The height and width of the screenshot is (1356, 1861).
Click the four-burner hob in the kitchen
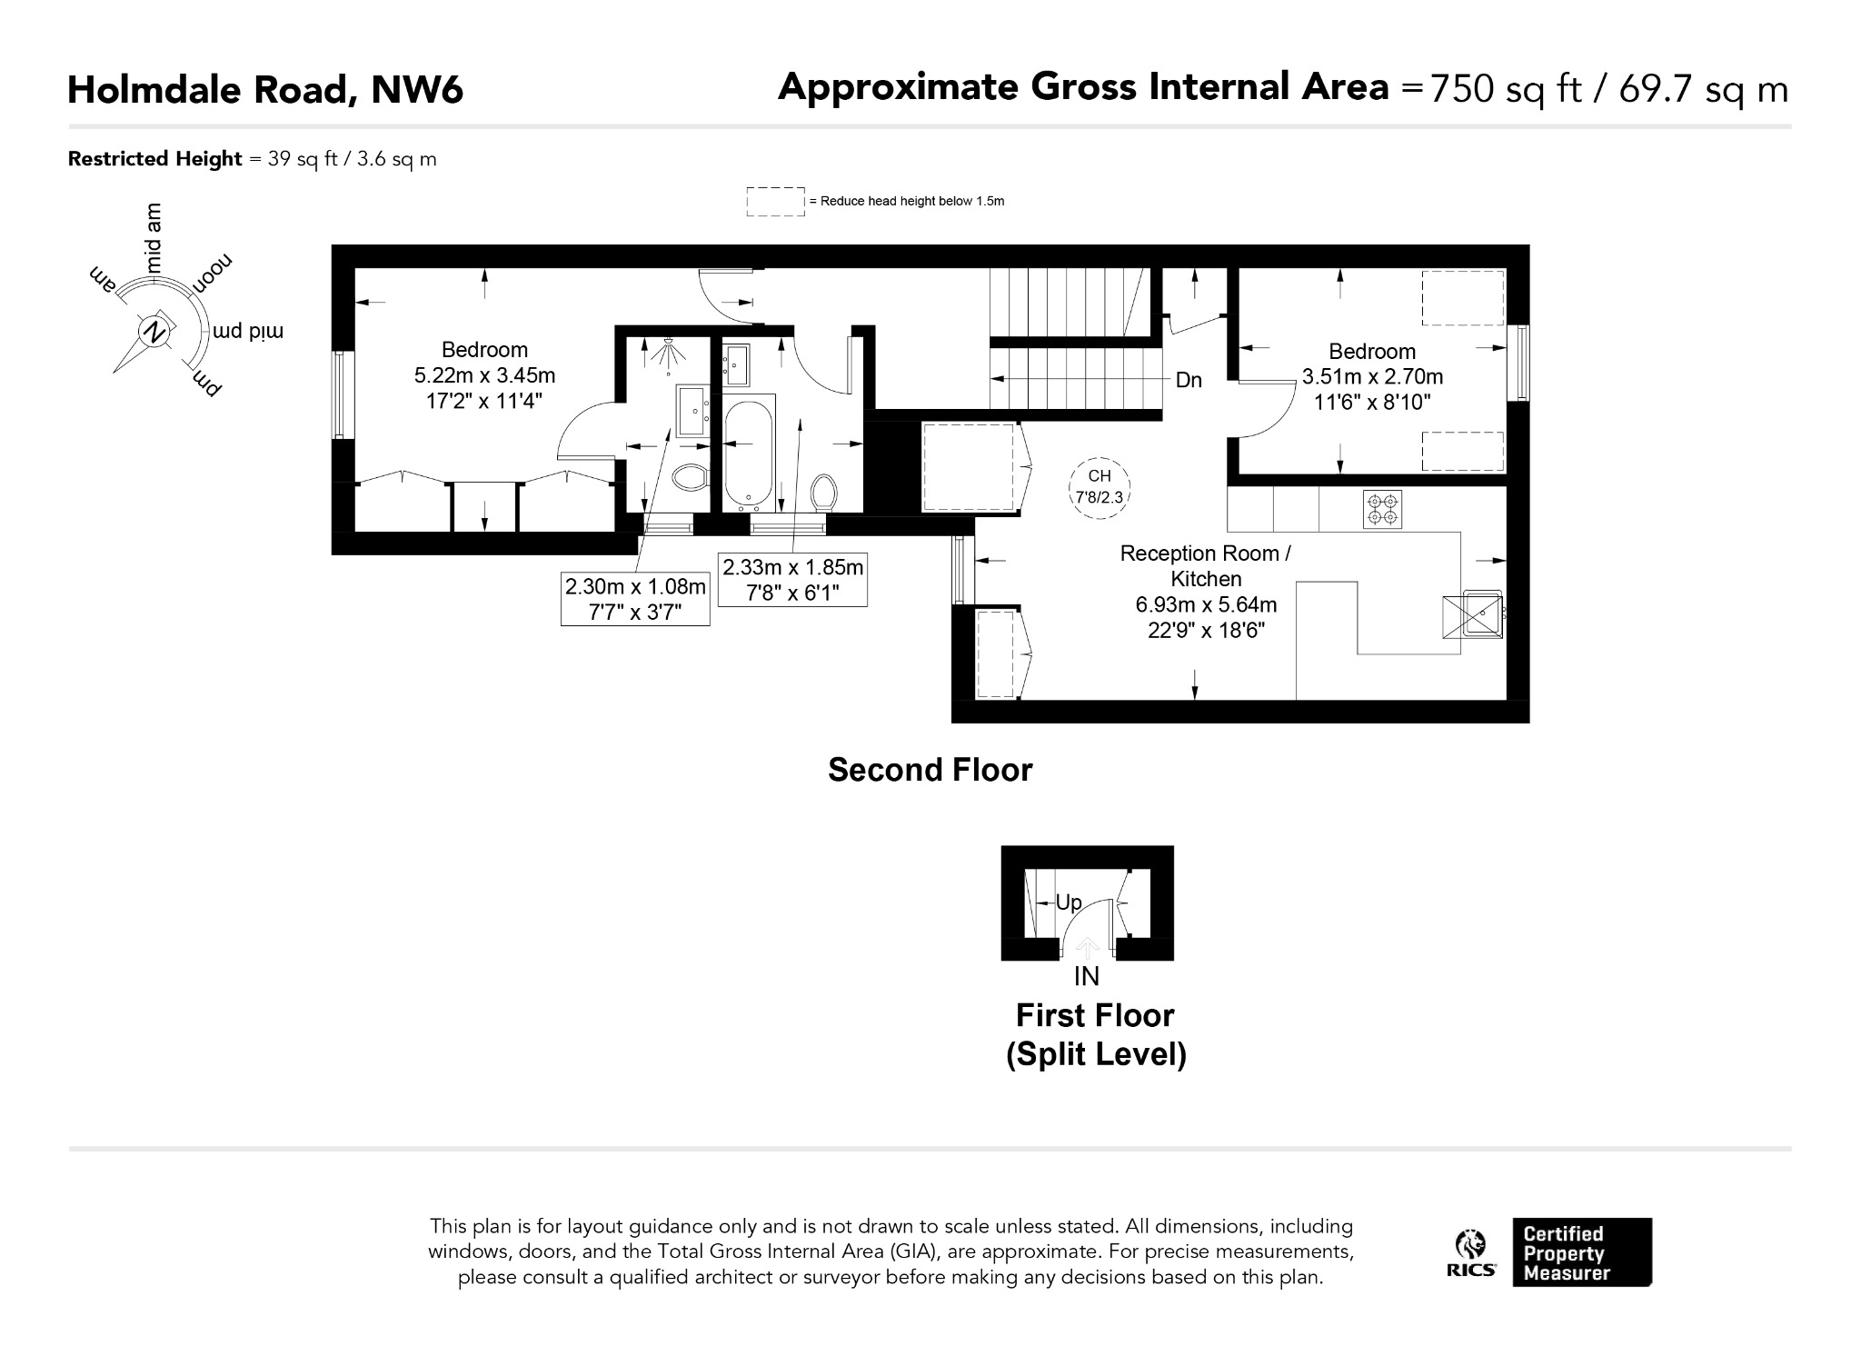point(1382,509)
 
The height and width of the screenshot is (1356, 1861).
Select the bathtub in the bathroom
point(750,453)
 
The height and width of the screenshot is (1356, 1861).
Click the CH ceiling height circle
point(1099,487)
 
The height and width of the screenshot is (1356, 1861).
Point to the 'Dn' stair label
point(1189,380)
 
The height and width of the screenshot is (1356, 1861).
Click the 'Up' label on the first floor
point(1069,902)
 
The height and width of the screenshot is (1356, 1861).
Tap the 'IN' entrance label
point(1087,976)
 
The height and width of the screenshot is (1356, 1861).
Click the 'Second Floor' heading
point(930,770)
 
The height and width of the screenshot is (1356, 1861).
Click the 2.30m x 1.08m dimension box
point(635,599)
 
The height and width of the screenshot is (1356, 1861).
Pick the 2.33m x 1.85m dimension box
point(792,579)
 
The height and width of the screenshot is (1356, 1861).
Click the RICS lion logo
point(1471,1252)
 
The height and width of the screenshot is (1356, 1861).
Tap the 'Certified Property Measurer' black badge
point(1582,1252)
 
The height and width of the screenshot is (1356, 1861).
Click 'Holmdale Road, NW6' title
point(265,90)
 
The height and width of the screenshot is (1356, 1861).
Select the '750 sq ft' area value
point(1505,89)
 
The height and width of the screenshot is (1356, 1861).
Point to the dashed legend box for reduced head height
point(775,201)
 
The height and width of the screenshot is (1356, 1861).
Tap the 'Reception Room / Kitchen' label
point(1206,565)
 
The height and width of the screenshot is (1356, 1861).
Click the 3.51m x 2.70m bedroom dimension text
point(1372,376)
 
